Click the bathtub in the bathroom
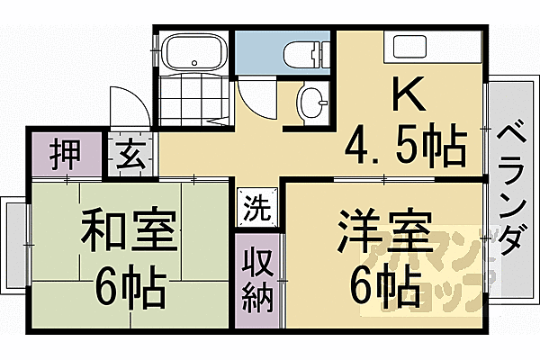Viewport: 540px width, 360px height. click(x=193, y=50)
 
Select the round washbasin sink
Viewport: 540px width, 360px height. click(x=311, y=103)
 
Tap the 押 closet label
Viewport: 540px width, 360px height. click(x=64, y=153)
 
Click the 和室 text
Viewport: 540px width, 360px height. click(x=130, y=233)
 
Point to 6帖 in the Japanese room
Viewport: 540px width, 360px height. click(x=130, y=288)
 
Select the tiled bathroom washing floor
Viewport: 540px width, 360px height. click(x=193, y=98)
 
